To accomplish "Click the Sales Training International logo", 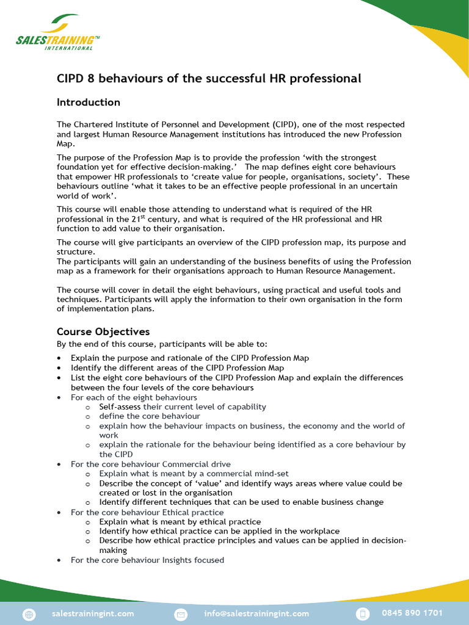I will tap(58, 34).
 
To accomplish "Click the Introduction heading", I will tap(89, 102).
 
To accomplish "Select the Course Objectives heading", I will tap(103, 332).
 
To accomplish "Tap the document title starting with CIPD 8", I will tap(209, 79).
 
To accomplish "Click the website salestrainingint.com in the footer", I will tap(93, 613).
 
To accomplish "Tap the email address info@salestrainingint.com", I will tap(256, 613).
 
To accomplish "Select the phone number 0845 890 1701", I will tap(412, 613).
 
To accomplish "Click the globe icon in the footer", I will tap(29, 613).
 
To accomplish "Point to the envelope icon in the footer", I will tap(181, 613).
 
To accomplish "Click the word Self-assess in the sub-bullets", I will tap(120, 406).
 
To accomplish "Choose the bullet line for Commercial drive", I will tap(151, 464).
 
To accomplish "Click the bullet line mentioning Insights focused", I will tap(147, 560).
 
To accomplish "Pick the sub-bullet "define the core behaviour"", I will tap(150, 416).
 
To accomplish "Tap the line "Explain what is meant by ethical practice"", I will tap(180, 522).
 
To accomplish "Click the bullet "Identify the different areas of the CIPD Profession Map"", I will tap(177, 368).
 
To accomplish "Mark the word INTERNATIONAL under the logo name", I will tap(69, 48).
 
